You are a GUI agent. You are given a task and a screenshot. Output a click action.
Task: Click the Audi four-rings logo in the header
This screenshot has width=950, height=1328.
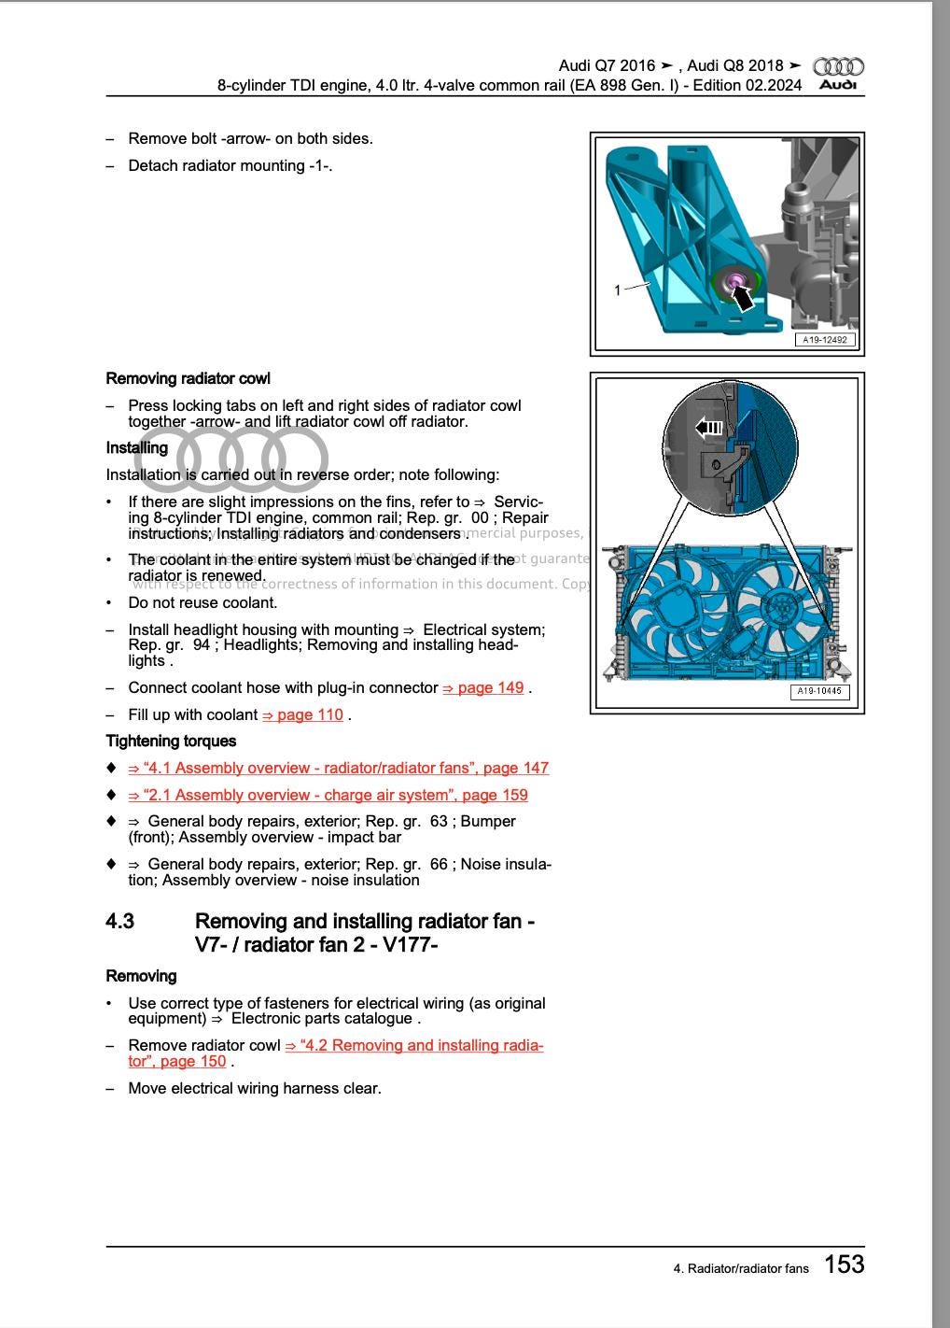tap(838, 67)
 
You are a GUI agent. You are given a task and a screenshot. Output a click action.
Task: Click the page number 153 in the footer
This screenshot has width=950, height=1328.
tap(844, 1264)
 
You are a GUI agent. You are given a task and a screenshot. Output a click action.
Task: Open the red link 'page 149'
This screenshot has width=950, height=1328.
tap(482, 688)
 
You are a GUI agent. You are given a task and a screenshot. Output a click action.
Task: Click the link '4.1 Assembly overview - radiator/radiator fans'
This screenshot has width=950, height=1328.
tap(338, 769)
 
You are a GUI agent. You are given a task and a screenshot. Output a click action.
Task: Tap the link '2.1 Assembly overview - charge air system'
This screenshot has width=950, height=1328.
tap(328, 796)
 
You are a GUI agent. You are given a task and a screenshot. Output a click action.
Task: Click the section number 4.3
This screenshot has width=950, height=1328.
tap(119, 922)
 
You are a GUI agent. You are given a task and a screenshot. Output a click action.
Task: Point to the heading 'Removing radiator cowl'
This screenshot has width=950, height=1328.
tap(188, 379)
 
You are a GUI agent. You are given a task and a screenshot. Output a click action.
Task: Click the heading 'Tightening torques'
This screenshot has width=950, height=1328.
tap(171, 742)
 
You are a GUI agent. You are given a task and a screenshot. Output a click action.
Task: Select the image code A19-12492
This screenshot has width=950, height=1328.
tap(824, 340)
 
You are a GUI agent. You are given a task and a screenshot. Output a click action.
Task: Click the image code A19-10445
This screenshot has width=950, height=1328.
tap(819, 692)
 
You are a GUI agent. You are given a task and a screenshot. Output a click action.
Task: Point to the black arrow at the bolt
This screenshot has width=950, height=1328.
tap(741, 297)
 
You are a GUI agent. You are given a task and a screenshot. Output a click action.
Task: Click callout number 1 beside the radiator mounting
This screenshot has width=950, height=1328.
tap(617, 290)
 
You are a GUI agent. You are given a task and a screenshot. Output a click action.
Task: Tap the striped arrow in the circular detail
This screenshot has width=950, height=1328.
tap(710, 428)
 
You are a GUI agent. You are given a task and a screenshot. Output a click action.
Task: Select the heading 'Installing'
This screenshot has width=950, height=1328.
tap(136, 448)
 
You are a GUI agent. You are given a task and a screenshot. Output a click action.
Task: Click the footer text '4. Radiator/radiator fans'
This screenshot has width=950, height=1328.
tap(741, 1268)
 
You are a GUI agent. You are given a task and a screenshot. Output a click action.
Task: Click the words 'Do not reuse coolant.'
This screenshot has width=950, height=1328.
tap(203, 603)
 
